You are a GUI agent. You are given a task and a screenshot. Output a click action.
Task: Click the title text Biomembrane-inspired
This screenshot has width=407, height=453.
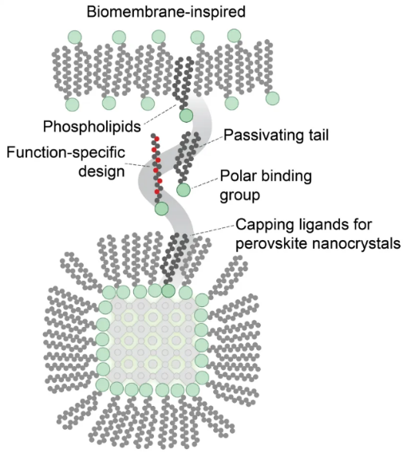[166, 12]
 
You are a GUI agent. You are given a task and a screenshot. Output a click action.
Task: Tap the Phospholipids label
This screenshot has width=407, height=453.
[92, 127]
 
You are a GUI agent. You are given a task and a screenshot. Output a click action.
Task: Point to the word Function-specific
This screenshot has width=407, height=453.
[66, 152]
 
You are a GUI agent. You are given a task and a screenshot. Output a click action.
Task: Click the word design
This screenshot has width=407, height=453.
[101, 171]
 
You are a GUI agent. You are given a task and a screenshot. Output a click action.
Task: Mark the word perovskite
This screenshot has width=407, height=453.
[271, 243]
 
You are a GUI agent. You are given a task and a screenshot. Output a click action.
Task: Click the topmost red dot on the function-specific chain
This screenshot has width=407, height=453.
[156, 139]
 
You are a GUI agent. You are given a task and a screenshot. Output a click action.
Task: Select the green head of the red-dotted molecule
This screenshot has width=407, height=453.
[161, 209]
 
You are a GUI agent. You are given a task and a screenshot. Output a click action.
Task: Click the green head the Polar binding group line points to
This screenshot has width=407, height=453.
[184, 190]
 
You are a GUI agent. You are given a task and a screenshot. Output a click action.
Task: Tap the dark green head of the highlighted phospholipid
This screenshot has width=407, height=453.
[186, 116]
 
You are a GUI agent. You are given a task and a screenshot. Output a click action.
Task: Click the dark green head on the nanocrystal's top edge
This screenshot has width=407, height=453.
[168, 290]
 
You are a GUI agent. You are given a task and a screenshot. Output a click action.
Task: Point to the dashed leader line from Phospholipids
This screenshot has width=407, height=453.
[160, 114]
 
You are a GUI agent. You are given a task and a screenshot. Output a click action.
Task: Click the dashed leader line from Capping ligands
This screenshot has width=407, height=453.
[213, 230]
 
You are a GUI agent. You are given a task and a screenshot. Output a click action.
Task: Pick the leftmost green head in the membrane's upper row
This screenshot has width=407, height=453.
[75, 37]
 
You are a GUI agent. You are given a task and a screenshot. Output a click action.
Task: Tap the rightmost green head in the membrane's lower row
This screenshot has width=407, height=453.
[272, 98]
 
